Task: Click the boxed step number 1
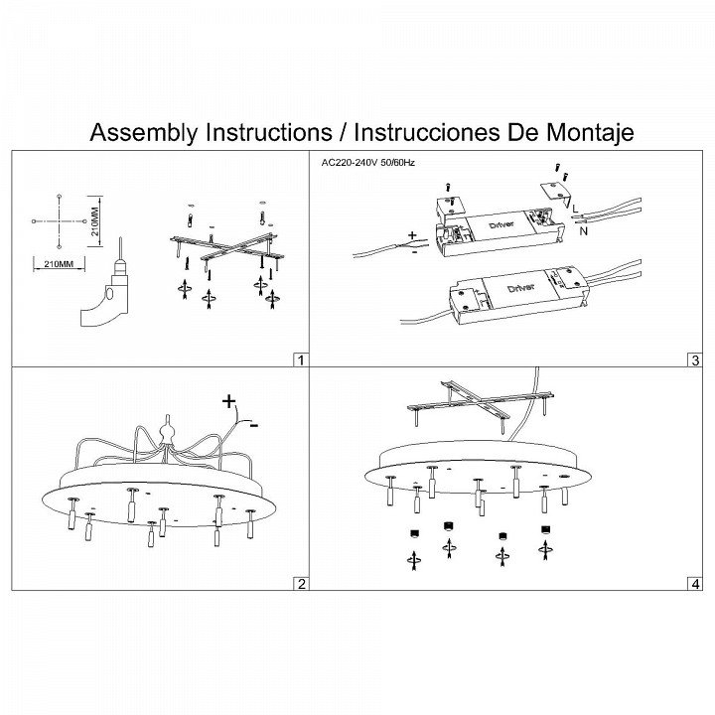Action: [300, 359]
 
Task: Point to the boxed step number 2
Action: [300, 583]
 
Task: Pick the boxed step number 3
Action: [695, 359]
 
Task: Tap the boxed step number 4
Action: [695, 583]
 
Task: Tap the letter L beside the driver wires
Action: [575, 209]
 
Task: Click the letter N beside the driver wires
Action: [584, 231]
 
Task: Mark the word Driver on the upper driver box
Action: [502, 224]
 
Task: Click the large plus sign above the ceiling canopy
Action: [229, 401]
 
